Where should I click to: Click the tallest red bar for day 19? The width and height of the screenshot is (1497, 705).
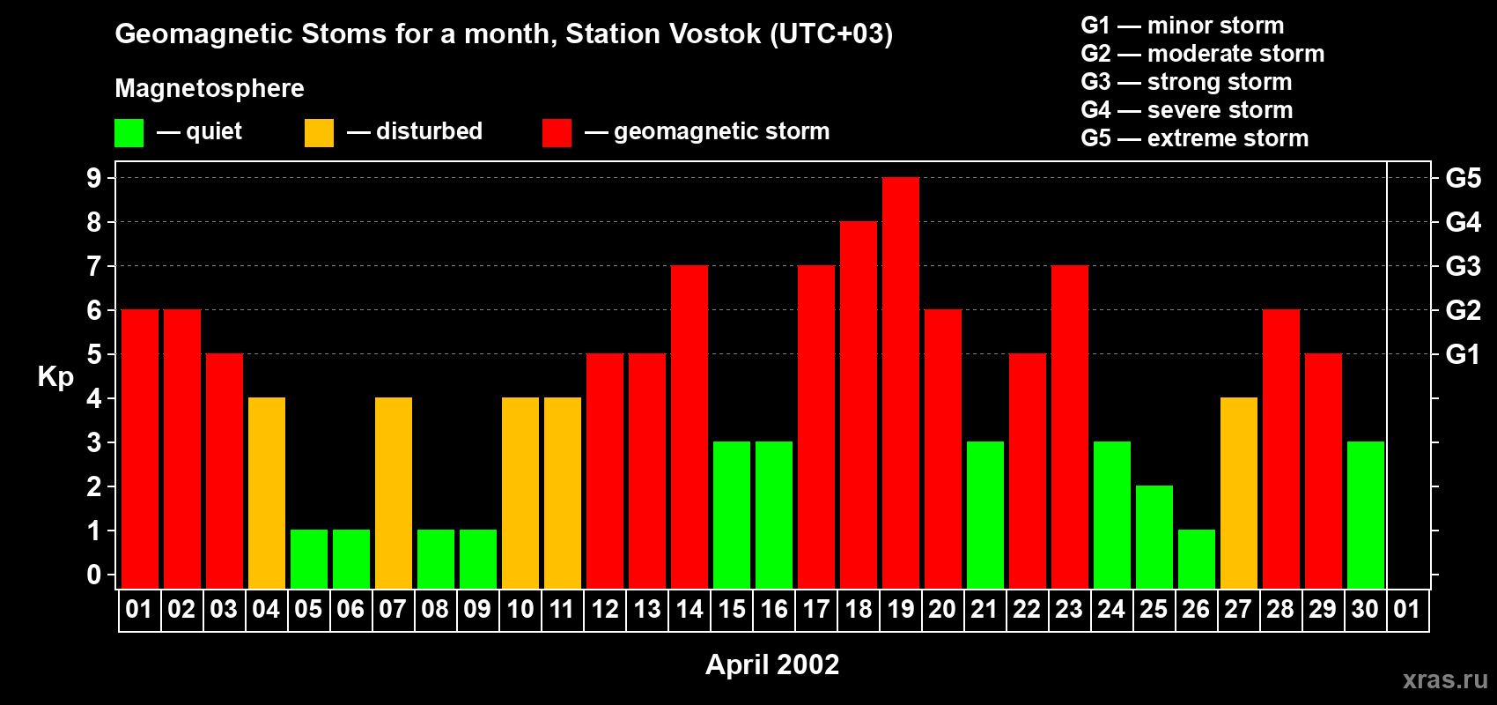tap(900, 382)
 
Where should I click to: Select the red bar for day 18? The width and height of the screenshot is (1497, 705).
tap(858, 404)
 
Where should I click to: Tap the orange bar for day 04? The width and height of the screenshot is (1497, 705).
tap(267, 493)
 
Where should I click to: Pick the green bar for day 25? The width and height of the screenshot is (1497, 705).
tap(1154, 537)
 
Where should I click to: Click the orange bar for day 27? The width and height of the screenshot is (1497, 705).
tap(1238, 493)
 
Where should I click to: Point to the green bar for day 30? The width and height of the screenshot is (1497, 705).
tap(1365, 515)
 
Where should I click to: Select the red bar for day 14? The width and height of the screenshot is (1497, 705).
tap(689, 427)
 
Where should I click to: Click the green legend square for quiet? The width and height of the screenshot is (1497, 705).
tap(129, 132)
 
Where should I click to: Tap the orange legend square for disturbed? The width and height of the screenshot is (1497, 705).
tap(319, 132)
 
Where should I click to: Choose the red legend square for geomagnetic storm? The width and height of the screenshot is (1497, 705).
tap(557, 132)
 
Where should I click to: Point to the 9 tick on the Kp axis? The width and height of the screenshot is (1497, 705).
tap(93, 178)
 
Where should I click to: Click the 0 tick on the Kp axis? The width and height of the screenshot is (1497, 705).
tap(93, 575)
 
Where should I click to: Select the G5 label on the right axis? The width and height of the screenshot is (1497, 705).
tap(1463, 178)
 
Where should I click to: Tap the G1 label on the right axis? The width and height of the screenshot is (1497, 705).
tap(1463, 354)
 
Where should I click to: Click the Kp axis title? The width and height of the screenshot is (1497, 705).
tap(55, 376)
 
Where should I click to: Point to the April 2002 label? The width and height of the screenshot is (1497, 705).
tap(772, 664)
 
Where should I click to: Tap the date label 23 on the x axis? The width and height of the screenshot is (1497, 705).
tap(1069, 609)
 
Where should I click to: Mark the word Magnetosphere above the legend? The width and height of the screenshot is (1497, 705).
tap(210, 88)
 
